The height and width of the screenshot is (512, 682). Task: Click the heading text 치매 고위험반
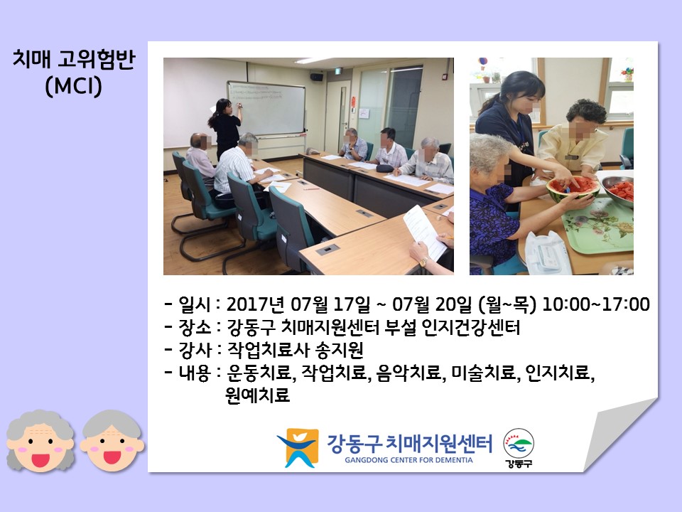(x=74, y=59)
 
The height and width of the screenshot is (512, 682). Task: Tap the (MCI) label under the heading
(x=73, y=86)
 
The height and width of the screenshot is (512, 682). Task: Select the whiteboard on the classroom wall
(x=266, y=108)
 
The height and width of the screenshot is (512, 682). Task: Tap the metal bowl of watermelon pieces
(x=617, y=190)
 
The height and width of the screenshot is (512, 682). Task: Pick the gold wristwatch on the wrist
(x=423, y=262)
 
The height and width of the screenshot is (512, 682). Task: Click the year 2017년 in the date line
(x=255, y=304)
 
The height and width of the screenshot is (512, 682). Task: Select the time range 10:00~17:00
(x=596, y=304)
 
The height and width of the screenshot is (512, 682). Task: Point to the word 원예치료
(x=257, y=395)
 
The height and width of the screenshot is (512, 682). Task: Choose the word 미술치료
(x=483, y=373)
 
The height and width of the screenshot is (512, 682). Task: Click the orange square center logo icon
(x=298, y=447)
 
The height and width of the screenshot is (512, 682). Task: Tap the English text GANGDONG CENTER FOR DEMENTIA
(x=408, y=460)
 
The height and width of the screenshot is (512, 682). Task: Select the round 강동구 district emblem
(x=519, y=448)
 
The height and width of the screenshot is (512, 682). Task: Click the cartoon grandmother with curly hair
(x=40, y=441)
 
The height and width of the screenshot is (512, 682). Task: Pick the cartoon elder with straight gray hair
(x=112, y=441)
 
